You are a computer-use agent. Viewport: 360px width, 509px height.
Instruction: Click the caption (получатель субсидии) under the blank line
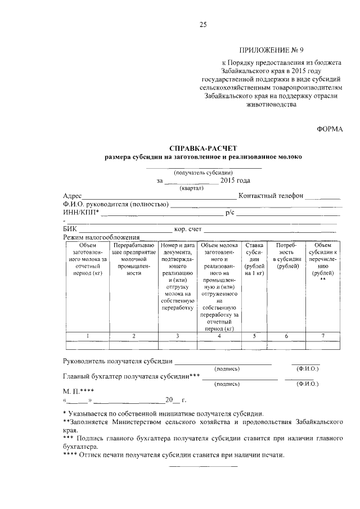pos(204,173)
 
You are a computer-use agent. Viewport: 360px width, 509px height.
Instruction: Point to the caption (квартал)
pos(191,188)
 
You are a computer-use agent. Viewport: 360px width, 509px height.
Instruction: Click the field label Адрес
pos(74,196)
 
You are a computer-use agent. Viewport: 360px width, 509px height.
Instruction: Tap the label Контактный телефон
pos(271,196)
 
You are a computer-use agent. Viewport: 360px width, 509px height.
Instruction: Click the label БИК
pos(69,229)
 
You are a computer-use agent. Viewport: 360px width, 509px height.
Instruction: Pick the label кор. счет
pos(188,229)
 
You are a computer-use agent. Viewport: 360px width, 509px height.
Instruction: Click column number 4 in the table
pos(219,336)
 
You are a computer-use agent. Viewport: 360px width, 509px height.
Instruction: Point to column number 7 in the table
pos(323,336)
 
